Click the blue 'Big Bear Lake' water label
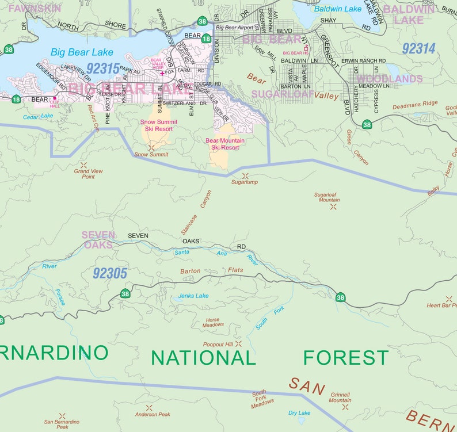pos(82,52)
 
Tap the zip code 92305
pos(109,273)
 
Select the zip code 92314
pos(418,49)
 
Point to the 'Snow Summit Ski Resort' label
pos(159,125)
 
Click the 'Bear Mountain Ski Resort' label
pos(225,144)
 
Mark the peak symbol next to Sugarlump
pos(246,175)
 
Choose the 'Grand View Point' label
pos(88,174)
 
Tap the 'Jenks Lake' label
pos(193,296)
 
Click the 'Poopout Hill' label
pos(218,344)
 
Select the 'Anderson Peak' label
pos(153,414)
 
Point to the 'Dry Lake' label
pos(299,412)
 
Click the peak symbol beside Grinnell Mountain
pos(345,407)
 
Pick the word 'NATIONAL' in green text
pos(203,357)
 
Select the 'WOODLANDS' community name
pos(389,79)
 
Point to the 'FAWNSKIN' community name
pos(26,8)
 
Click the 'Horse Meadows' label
pos(212,322)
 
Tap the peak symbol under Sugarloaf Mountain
pos(333,206)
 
